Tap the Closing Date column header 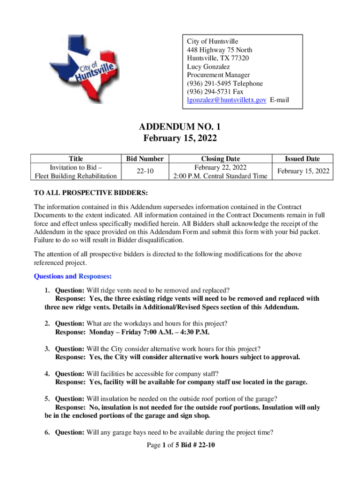(x=220, y=159)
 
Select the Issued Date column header (x=303, y=159)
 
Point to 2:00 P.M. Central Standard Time (x=220, y=176)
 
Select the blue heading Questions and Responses (x=72, y=276)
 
